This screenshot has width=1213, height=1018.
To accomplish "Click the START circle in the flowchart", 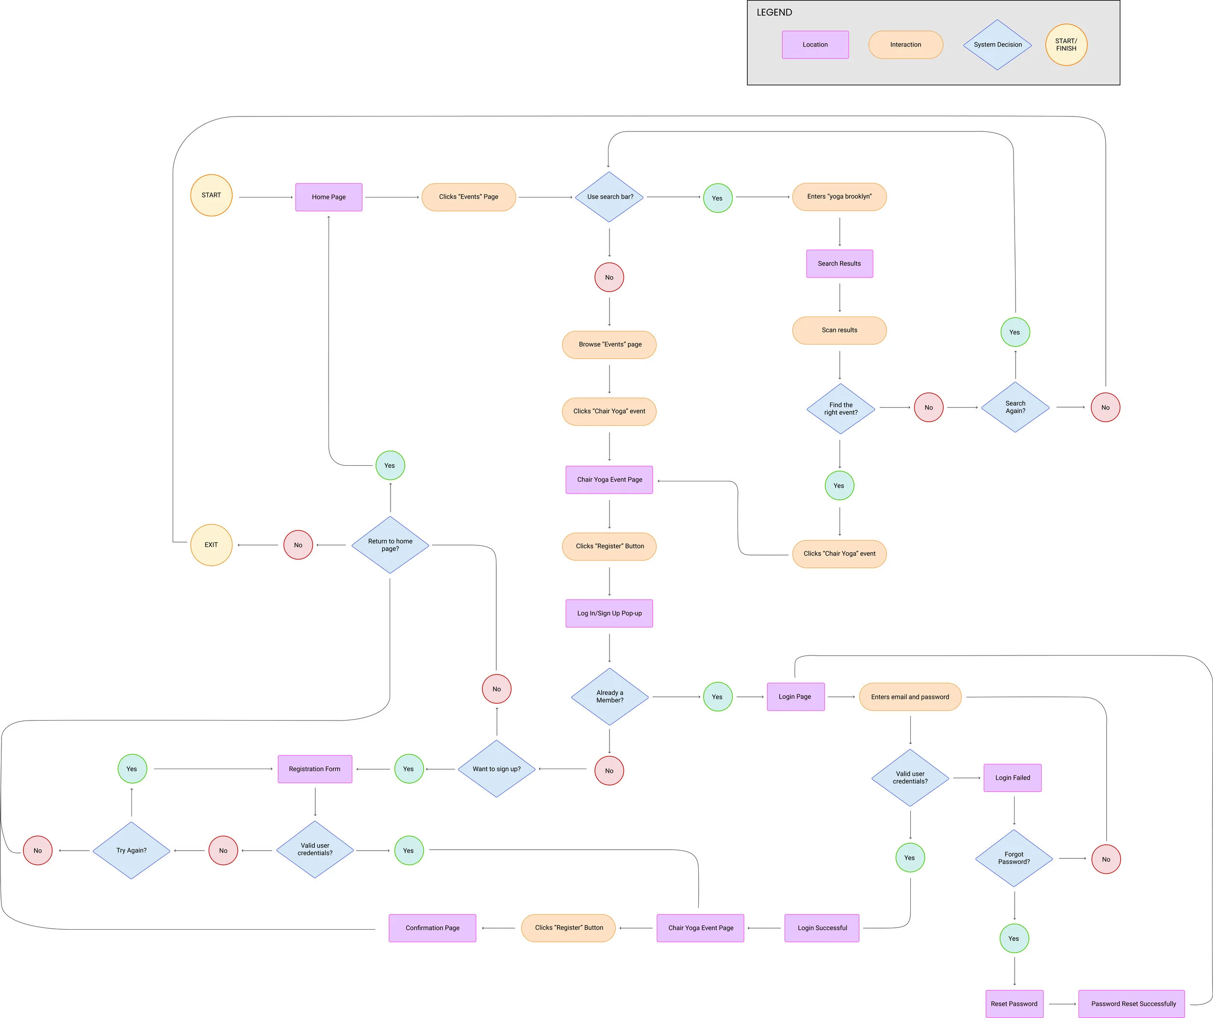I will (211, 195).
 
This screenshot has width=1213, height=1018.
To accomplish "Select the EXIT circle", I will (211, 545).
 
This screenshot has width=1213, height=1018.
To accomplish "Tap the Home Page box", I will (328, 197).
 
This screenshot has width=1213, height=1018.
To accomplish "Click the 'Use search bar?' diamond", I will (609, 197).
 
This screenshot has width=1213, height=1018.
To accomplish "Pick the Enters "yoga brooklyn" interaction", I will (839, 197).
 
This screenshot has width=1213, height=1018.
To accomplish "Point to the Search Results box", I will (839, 263).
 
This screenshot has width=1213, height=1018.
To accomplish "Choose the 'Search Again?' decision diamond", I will (1015, 407).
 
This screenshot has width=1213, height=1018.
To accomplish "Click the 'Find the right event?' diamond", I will (840, 409).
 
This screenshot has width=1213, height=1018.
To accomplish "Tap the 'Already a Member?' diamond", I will (609, 696).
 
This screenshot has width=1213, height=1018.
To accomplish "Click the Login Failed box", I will (1012, 778).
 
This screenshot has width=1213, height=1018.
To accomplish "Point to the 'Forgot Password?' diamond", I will (1014, 858).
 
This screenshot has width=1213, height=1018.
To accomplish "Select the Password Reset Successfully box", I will (1133, 1003).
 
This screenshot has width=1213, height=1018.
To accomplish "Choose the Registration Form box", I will (315, 769).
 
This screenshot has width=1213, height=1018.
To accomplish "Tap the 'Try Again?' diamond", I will (131, 851).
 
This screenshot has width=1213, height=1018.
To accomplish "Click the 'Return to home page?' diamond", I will (390, 545).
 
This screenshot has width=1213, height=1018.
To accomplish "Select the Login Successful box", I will (821, 928).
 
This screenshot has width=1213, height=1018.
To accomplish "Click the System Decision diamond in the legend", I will (997, 45).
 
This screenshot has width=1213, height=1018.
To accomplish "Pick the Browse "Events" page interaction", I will (609, 345).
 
